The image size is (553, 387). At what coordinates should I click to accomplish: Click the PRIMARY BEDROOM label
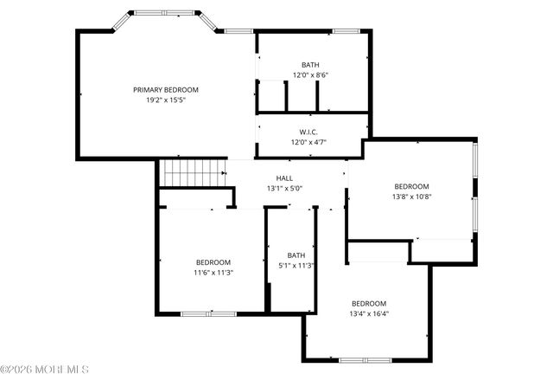(x=166, y=90)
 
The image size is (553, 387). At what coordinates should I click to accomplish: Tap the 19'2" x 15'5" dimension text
(x=166, y=100)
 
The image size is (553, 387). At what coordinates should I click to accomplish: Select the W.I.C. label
(x=308, y=132)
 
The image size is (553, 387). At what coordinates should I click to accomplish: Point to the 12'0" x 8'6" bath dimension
(x=308, y=75)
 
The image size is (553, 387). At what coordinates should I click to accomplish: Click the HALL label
(x=284, y=177)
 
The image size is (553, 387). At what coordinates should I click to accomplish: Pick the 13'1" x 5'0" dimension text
(x=284, y=188)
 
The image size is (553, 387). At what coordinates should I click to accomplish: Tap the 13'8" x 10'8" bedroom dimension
(x=411, y=197)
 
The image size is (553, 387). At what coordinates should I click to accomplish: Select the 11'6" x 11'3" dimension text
(x=213, y=273)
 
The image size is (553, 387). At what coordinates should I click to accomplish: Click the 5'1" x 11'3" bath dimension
(x=296, y=266)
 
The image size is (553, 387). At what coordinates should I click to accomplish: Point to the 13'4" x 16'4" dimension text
(x=369, y=313)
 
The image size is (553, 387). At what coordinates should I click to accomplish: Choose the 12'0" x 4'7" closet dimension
(x=308, y=142)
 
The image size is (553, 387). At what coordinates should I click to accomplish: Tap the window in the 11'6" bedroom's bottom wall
(x=208, y=313)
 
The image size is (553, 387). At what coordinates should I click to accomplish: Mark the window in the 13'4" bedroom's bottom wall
(x=365, y=359)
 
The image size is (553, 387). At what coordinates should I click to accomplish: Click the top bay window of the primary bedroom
(x=164, y=13)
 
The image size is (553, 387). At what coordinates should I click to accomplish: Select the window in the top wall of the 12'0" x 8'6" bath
(x=346, y=32)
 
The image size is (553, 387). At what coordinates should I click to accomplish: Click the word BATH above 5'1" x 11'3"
(x=296, y=255)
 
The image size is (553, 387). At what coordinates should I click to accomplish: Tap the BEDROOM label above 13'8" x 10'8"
(x=411, y=186)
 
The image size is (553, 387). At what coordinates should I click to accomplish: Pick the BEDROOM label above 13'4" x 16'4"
(x=369, y=303)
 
